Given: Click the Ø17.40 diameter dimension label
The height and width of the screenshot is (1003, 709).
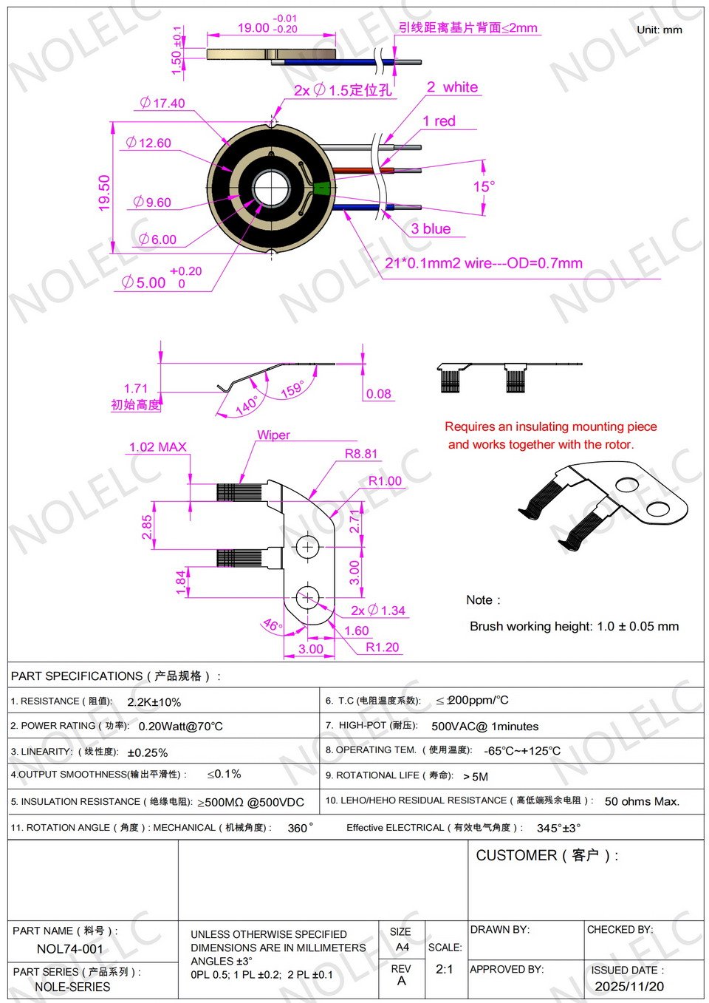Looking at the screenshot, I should click(x=162, y=103).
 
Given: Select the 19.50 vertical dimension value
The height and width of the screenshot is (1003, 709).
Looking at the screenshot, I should click(x=103, y=192).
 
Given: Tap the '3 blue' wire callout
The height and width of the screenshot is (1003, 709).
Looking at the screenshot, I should click(x=431, y=229).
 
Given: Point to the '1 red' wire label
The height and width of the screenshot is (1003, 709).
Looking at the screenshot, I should click(x=439, y=121).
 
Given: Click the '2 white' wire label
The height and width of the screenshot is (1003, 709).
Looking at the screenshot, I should click(x=452, y=87).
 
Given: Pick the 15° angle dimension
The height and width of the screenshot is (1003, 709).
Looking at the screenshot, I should click(x=484, y=186).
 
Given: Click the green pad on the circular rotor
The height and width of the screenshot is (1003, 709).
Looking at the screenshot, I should click(x=321, y=188).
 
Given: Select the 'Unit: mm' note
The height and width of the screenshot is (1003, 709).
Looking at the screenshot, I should click(x=659, y=30).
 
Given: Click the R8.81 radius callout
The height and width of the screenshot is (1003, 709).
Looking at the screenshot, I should click(x=361, y=454).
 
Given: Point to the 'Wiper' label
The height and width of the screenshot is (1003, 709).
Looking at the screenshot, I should click(x=273, y=435).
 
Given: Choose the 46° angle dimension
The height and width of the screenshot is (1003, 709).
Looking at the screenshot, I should click(x=272, y=625).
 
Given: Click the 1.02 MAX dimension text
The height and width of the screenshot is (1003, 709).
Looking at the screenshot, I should click(x=157, y=447).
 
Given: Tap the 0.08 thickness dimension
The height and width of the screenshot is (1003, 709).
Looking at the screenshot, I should click(x=378, y=394).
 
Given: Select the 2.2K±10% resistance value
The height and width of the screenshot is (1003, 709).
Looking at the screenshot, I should click(x=154, y=702).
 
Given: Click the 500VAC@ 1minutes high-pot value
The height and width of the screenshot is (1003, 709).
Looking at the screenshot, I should click(x=484, y=727).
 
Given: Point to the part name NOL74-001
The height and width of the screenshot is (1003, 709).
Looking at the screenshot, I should click(x=70, y=949).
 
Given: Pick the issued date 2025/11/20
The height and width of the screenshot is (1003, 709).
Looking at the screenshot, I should click(x=628, y=987).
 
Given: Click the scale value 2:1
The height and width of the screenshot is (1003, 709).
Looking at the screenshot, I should click(x=444, y=969).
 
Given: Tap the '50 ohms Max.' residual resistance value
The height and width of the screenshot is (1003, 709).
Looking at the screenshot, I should click(x=641, y=801).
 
